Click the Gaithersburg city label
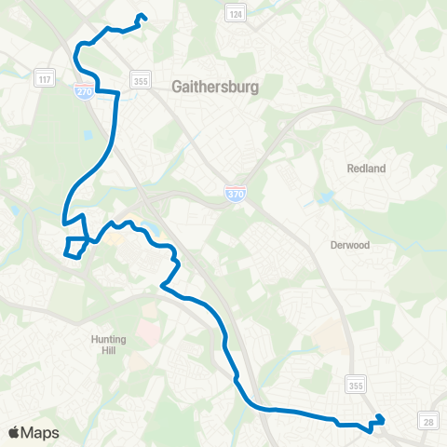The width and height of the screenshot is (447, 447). [214, 87]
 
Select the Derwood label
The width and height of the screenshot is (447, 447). [350, 246]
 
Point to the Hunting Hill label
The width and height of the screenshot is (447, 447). [110, 345]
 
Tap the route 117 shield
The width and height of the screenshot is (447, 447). [43, 80]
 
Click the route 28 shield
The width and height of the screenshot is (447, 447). [428, 422]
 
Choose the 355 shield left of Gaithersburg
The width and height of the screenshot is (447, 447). [139, 81]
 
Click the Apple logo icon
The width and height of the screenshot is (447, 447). [14, 433]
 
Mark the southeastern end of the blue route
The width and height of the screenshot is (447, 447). [379, 416]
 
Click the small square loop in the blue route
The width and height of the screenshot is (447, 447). [74, 247]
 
